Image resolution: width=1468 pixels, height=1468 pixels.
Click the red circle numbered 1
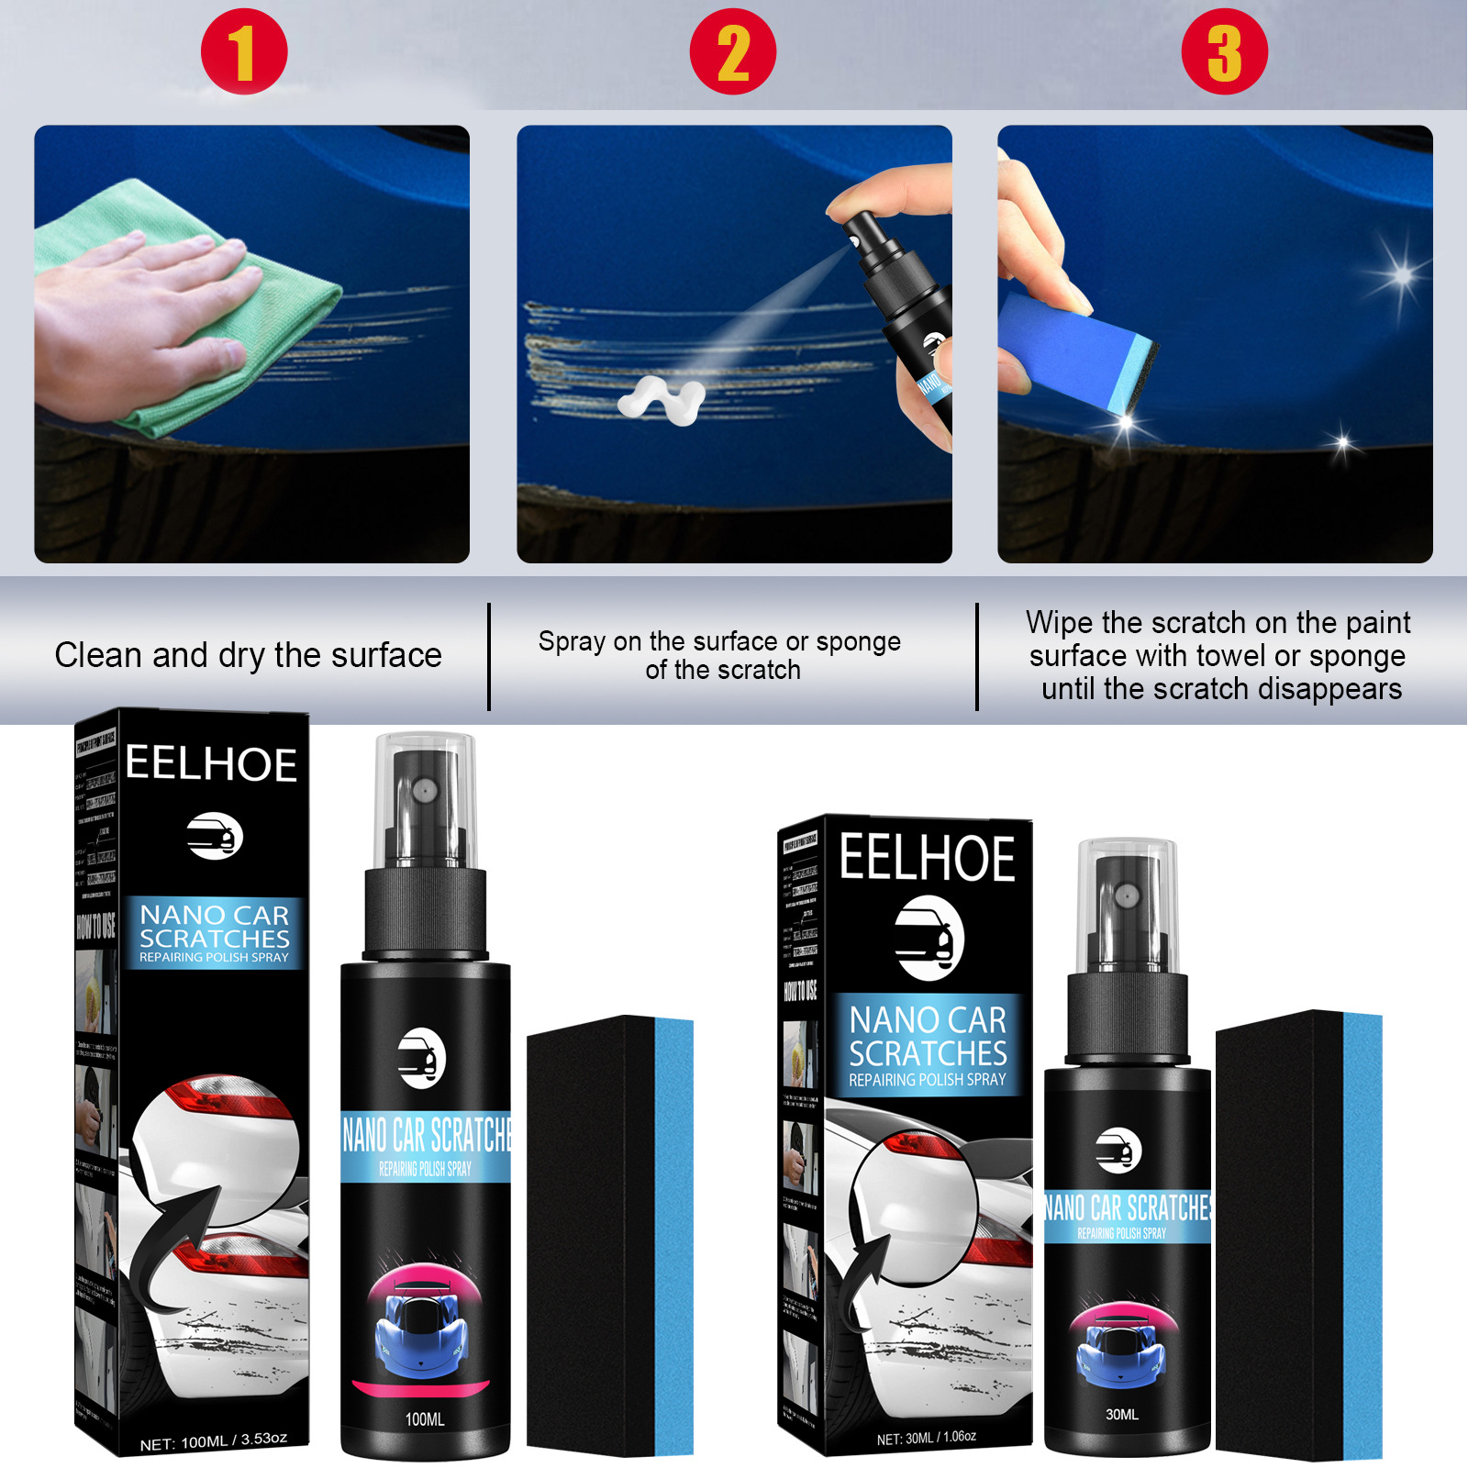click(x=244, y=51)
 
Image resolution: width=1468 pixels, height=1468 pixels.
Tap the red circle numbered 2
click(x=732, y=51)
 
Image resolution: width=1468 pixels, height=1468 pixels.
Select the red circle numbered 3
click(x=1224, y=51)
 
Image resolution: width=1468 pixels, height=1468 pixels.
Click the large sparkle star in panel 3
click(x=1401, y=274)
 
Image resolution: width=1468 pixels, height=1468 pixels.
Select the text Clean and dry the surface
click(x=248, y=655)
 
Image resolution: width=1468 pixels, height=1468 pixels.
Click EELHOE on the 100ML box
click(x=211, y=764)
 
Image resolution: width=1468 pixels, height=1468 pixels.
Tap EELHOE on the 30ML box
click(x=927, y=859)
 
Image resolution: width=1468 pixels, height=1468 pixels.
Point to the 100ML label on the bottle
click(x=425, y=1419)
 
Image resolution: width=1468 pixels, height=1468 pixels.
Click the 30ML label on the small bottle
click(x=1121, y=1414)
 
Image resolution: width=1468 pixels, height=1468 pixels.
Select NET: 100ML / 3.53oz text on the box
click(x=213, y=1441)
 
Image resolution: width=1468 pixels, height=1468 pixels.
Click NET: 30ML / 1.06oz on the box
click(x=926, y=1437)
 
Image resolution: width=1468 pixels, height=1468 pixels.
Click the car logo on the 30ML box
click(x=929, y=940)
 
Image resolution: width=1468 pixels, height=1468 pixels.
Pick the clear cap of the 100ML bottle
click(x=426, y=798)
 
